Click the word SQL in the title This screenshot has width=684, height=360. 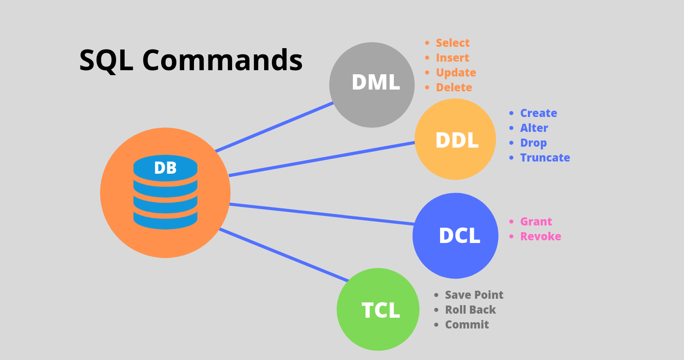point(106,60)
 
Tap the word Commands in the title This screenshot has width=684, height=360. point(222,60)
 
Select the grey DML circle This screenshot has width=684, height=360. point(372,85)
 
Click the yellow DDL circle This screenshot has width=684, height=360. point(455,139)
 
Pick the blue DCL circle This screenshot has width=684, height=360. point(455,236)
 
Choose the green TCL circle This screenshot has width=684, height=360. point(378,310)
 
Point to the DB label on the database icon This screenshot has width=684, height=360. point(165,168)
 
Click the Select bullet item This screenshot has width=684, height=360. point(452,43)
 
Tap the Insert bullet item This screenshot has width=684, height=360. point(452,58)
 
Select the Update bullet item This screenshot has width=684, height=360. point(456,72)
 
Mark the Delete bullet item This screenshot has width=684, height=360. point(454,87)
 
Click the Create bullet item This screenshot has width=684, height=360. point(538,113)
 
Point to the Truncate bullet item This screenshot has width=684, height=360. point(545,157)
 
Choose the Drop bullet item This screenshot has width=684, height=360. point(533,143)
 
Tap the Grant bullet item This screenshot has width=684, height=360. point(535,221)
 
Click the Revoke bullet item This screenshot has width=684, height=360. point(540,236)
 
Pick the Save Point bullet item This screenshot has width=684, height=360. point(474,295)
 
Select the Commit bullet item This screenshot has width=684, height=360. point(467,324)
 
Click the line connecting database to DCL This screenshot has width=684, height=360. point(322,214)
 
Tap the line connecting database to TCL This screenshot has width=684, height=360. point(283,255)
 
